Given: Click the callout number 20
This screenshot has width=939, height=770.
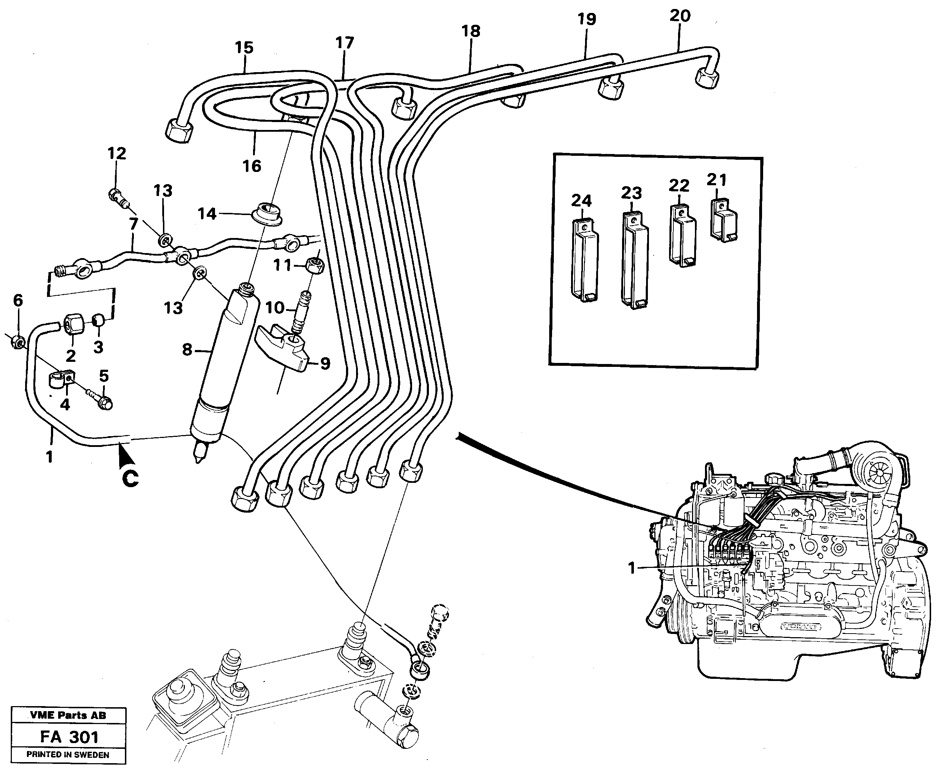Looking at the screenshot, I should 679,16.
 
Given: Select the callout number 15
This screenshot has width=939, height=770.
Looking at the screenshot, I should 244,47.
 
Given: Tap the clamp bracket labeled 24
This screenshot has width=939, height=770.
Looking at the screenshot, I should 584,262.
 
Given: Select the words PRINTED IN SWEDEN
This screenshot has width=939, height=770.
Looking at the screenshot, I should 67,755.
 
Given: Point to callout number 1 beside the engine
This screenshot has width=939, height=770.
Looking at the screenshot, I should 632,568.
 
